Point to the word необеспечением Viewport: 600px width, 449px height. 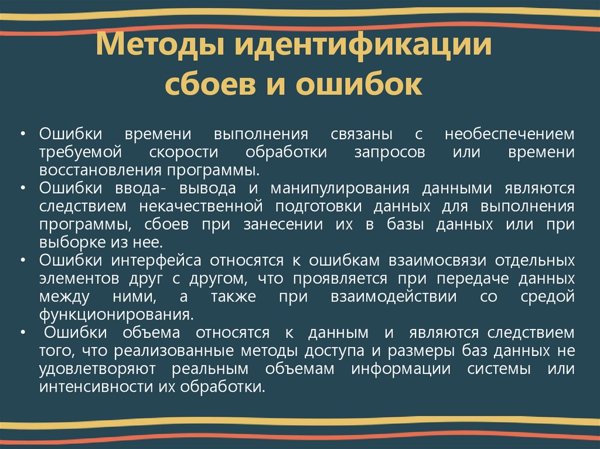pos(509,135)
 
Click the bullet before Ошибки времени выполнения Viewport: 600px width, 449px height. pos(23,135)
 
